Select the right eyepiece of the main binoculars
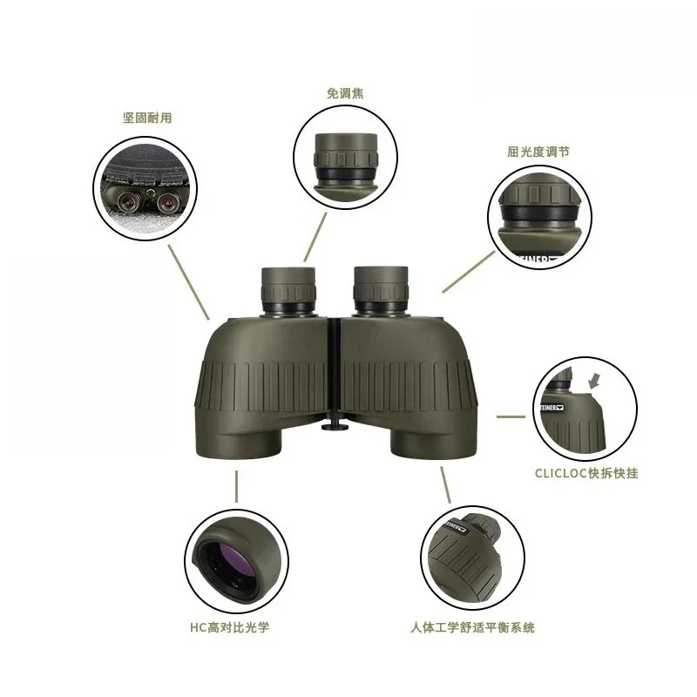(x=380, y=289)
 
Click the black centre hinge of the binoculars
(x=334, y=366)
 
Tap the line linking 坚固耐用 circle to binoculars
(x=188, y=279)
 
